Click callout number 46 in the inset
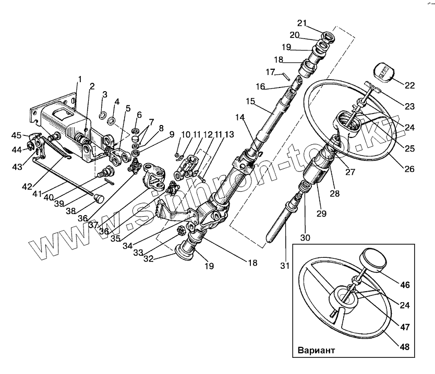tap(405, 285)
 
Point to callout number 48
tap(405, 347)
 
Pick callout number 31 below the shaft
tap(284, 266)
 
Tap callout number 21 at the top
tap(303, 23)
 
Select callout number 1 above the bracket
tap(80, 79)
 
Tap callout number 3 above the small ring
tap(104, 95)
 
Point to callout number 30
tap(305, 238)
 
